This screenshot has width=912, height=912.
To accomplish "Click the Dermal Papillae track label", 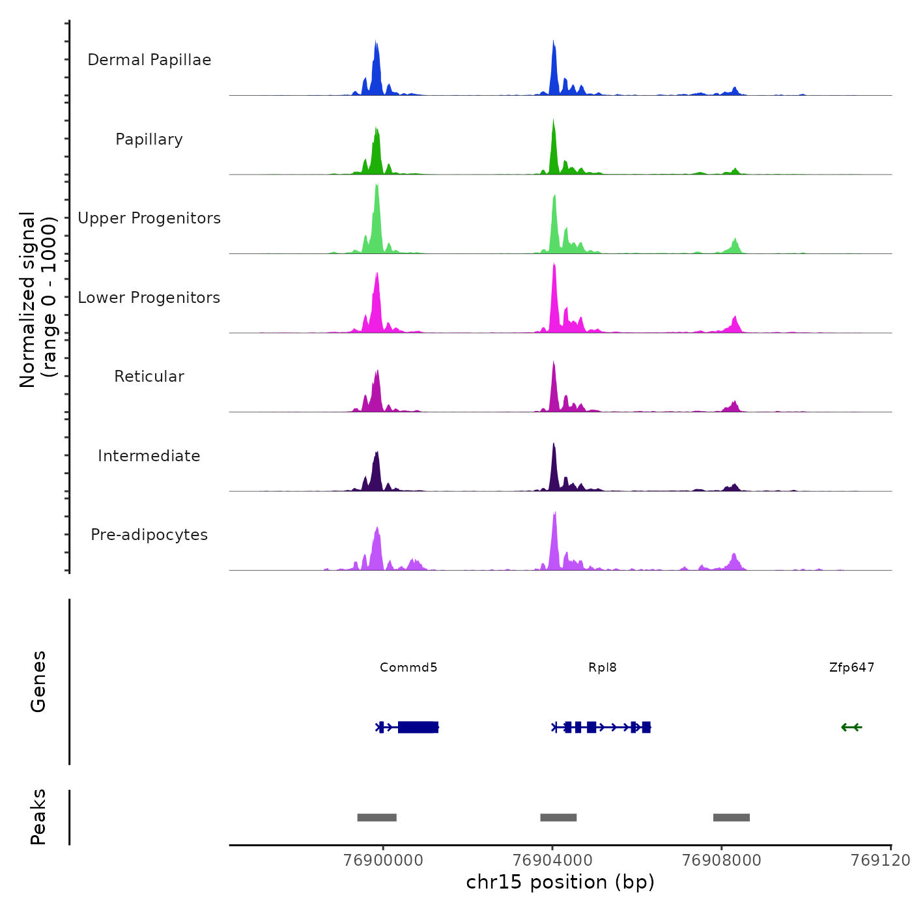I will click(149, 60).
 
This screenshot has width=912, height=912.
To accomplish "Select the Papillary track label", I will click(149, 139).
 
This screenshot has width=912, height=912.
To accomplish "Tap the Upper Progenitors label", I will click(149, 218).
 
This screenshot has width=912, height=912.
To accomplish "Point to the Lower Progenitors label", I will click(149, 298).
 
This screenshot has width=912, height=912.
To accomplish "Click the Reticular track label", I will click(149, 377).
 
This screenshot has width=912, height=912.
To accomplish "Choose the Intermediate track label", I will click(149, 456).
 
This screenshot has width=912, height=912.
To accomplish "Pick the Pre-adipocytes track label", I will click(149, 535).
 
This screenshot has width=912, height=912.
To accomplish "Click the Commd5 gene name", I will click(408, 668).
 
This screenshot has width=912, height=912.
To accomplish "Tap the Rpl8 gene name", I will click(602, 668).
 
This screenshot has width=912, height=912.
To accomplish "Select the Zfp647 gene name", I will click(851, 668).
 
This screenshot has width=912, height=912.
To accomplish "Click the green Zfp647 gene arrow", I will click(851, 727).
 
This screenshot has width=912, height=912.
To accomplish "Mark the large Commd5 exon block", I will click(418, 727).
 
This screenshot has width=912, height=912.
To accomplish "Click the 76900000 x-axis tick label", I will click(383, 861).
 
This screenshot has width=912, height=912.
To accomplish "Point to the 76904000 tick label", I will click(552, 861).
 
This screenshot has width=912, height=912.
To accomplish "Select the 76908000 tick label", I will click(721, 861).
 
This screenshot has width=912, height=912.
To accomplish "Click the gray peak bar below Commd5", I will click(377, 818).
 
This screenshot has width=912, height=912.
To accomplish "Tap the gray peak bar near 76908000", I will click(731, 818).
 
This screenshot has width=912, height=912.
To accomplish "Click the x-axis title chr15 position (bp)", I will click(560, 883).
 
